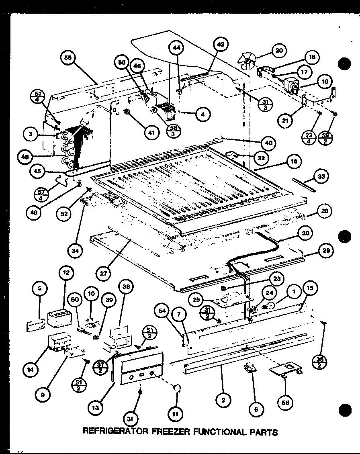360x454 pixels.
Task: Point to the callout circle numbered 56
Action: coord(286,402)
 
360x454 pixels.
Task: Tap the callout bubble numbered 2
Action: coord(223,400)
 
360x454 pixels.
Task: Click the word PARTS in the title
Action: coord(263,432)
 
